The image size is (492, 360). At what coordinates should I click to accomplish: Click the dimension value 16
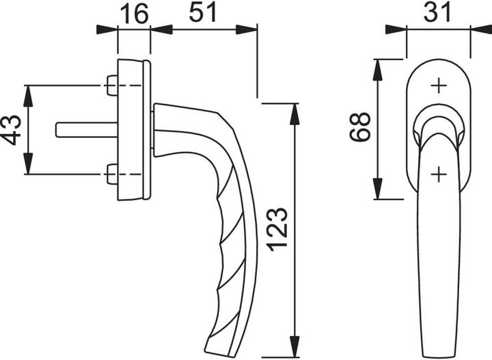[x=134, y=13]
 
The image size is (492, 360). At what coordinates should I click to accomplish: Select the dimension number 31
[x=439, y=13]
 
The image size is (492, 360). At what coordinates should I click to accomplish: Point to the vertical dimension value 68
[x=359, y=126]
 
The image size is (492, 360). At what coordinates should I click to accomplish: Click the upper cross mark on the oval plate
[x=438, y=86]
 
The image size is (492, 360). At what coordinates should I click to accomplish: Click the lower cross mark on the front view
[x=438, y=174]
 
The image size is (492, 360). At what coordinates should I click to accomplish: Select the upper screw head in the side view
[x=111, y=86]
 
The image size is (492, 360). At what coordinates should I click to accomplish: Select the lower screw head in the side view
[x=111, y=175]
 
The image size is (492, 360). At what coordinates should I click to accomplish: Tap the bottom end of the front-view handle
[x=438, y=352]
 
